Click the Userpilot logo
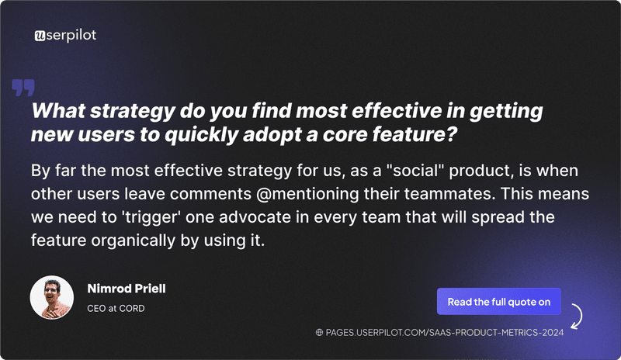pyautogui.click(x=66, y=35)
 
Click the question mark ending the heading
pyautogui.click(x=451, y=134)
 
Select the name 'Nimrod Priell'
pyautogui.click(x=126, y=289)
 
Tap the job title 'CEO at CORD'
pyautogui.click(x=115, y=307)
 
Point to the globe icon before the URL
pyautogui.click(x=319, y=333)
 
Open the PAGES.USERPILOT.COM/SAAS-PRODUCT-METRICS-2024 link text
pyautogui.click(x=445, y=333)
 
